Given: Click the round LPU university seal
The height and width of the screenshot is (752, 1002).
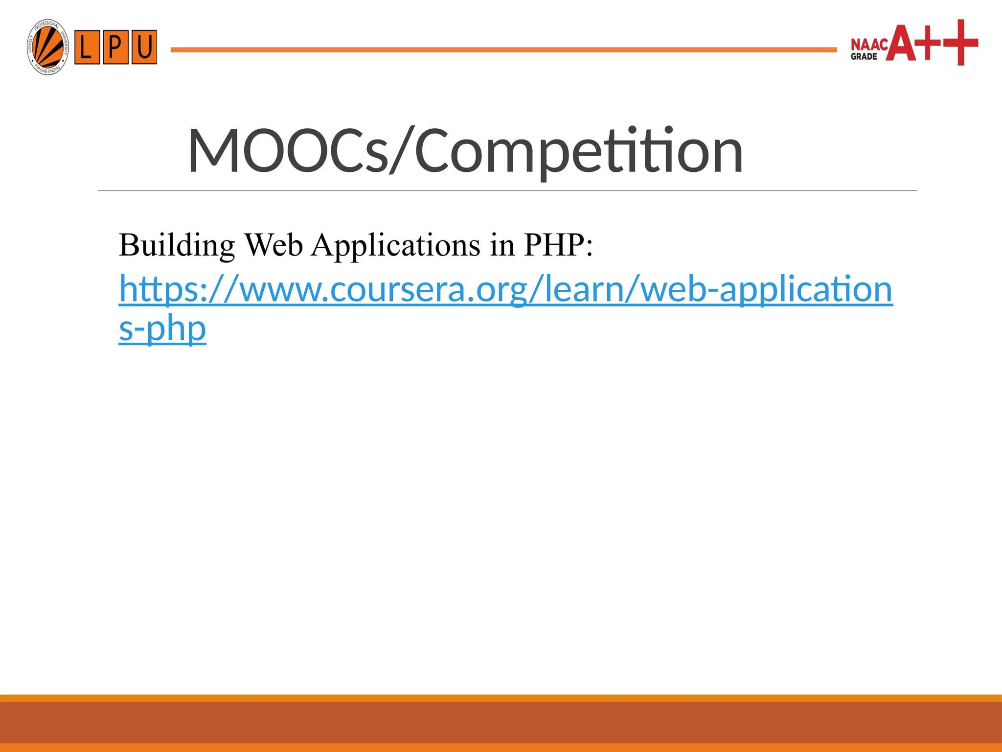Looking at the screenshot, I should tap(47, 47).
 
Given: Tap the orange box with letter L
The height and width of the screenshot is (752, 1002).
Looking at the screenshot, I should tap(87, 47).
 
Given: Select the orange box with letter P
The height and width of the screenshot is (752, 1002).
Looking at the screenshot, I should tap(115, 47).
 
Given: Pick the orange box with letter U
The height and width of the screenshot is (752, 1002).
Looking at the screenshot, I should tap(144, 47).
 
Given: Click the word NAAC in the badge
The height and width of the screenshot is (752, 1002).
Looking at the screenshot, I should tap(869, 45).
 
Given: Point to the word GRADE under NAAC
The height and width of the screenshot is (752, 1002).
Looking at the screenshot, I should tap(864, 57).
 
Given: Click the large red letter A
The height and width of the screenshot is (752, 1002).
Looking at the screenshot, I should tap(902, 44).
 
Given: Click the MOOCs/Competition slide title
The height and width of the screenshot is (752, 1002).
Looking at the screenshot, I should tap(465, 151).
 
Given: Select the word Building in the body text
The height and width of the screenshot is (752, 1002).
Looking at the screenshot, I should tap(177, 245).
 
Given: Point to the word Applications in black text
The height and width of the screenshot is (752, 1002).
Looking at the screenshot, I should tap(395, 245).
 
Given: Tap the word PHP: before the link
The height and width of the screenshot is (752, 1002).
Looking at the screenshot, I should tap(558, 245).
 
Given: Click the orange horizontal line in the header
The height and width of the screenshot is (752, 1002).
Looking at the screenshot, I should tap(503, 49).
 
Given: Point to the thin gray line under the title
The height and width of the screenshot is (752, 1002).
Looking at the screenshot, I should tap(507, 190).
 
